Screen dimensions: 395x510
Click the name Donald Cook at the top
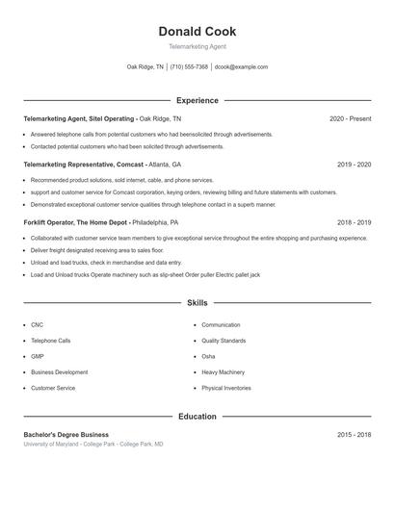click(197, 32)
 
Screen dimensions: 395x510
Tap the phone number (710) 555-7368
click(189, 67)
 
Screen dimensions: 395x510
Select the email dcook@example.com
click(241, 67)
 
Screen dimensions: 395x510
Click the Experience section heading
click(197, 100)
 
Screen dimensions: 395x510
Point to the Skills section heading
click(197, 303)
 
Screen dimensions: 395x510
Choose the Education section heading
click(197, 417)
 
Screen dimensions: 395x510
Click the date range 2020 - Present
click(350, 118)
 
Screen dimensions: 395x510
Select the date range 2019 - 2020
click(354, 165)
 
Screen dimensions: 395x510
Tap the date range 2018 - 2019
click(354, 222)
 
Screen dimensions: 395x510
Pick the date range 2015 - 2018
click(354, 435)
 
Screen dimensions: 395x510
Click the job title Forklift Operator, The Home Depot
click(76, 222)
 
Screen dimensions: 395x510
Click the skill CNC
click(37, 325)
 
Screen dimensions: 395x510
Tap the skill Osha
click(208, 356)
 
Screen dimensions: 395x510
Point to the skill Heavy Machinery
click(223, 371)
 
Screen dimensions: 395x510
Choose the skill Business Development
click(59, 371)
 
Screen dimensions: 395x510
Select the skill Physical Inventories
click(226, 388)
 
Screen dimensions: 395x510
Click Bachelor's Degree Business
click(66, 435)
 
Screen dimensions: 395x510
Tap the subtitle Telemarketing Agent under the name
click(197, 46)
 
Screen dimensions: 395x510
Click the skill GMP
click(38, 356)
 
